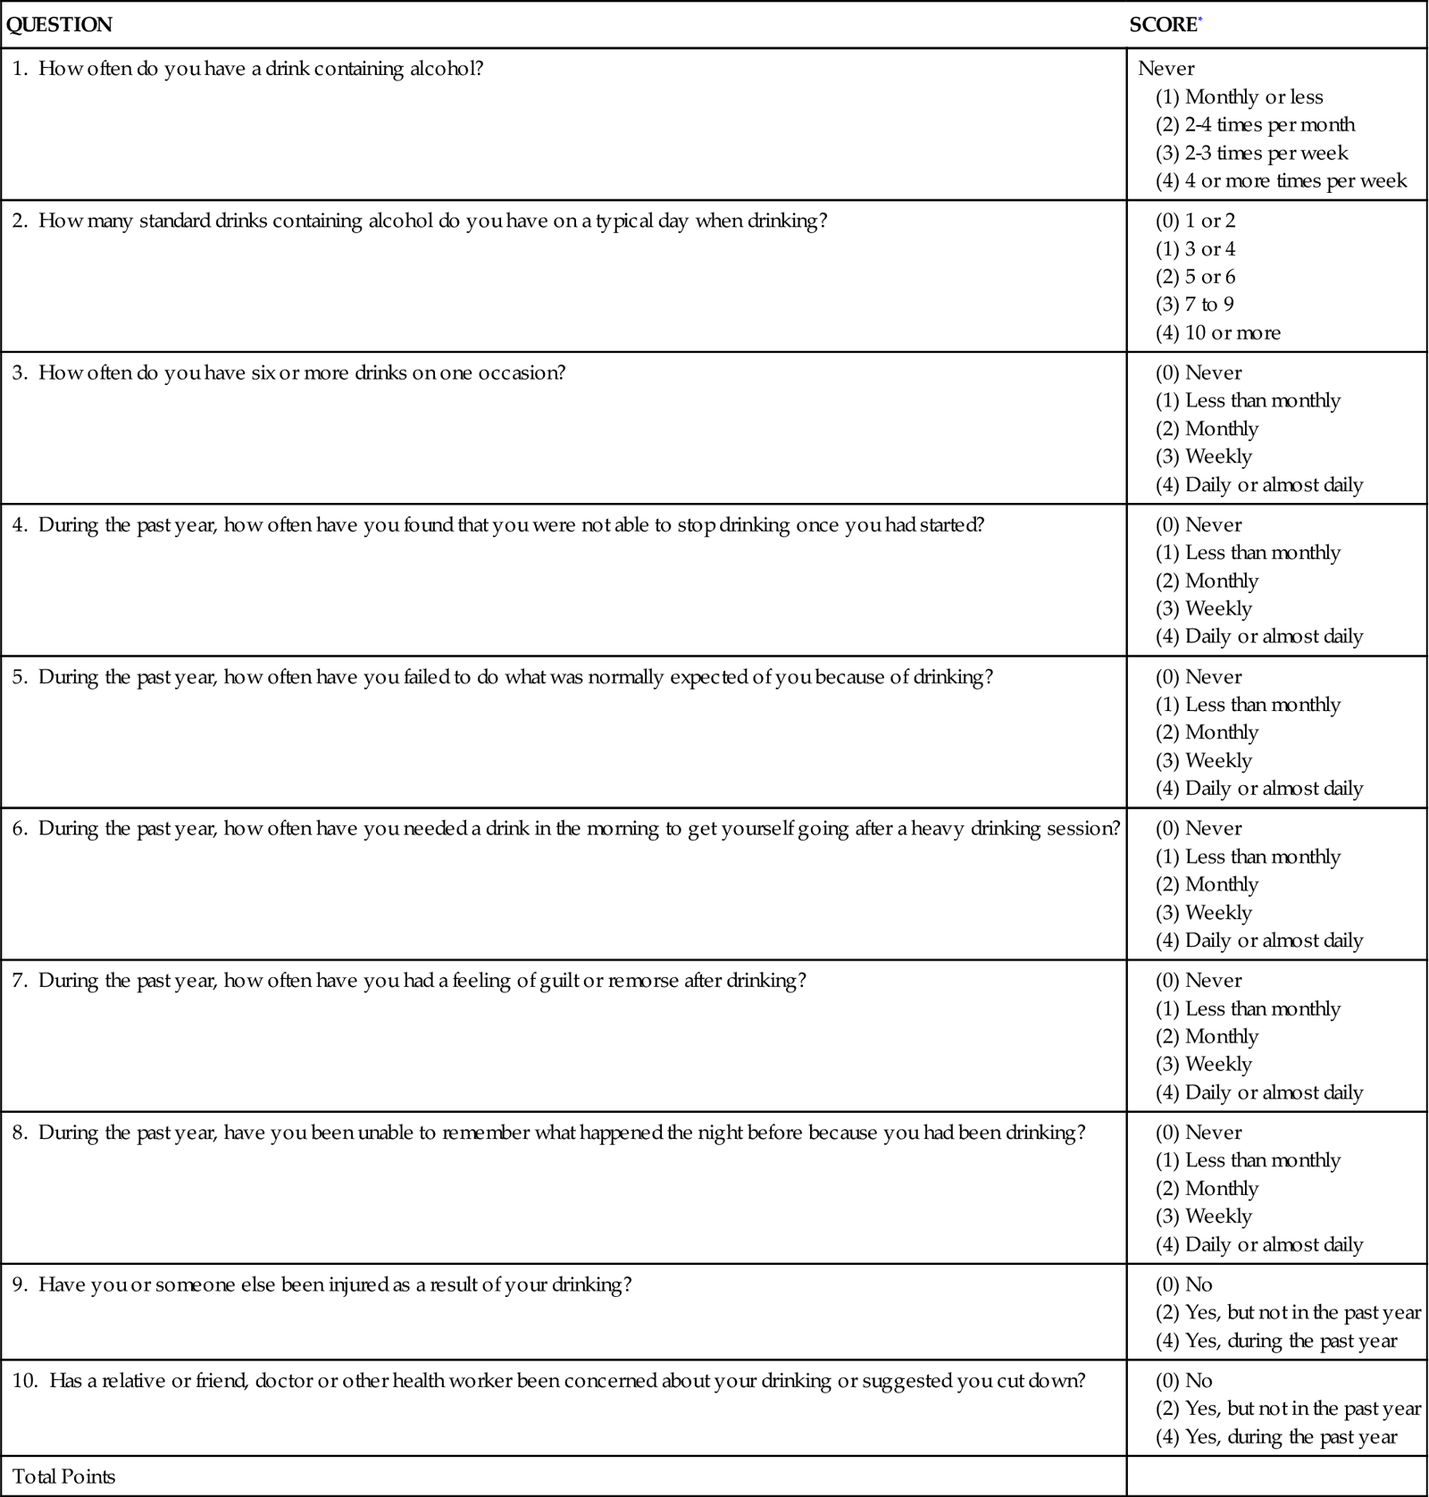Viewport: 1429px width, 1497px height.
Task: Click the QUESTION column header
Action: click(x=60, y=25)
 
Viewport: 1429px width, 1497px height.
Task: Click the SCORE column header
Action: click(x=1163, y=25)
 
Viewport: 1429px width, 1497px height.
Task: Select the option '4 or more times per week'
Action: click(x=1281, y=181)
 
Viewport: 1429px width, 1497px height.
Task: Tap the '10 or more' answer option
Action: click(x=1217, y=333)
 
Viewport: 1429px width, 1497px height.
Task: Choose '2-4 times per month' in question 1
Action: click(x=1255, y=125)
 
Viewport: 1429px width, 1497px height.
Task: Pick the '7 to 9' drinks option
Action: click(x=1195, y=305)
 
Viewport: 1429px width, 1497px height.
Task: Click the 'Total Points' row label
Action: click(x=64, y=1476)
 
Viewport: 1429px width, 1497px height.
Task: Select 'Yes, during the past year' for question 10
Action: click(x=1276, y=1437)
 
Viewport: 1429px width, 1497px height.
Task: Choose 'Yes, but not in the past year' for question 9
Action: click(x=1288, y=1313)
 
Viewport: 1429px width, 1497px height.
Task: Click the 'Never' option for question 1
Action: click(x=1166, y=69)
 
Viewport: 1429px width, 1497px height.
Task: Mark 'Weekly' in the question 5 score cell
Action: click(x=1203, y=761)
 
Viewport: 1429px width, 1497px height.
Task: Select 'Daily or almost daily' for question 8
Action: click(x=1259, y=1245)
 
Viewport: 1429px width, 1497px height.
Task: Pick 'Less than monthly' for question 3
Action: click(x=1248, y=401)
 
